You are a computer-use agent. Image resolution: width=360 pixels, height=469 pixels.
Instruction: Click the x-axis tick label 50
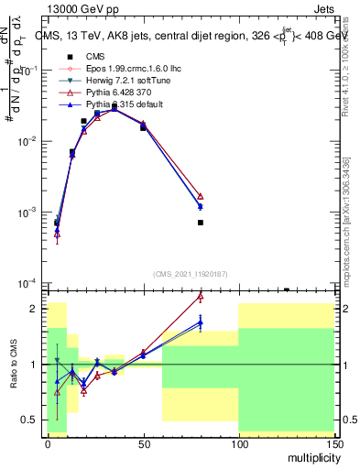tap(143, 442)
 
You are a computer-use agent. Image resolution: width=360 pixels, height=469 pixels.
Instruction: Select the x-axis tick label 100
tap(238, 442)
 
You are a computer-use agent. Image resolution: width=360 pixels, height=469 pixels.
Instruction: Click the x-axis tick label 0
tap(48, 442)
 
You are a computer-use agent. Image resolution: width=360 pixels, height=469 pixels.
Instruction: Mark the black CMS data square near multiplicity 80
tap(200, 223)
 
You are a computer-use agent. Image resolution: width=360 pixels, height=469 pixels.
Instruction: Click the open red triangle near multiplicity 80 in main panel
tap(200, 196)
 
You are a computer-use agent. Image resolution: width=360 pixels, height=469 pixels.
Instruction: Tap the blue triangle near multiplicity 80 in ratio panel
tap(200, 322)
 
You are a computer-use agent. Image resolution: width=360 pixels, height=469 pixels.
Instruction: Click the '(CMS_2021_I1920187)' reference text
tap(191, 273)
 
